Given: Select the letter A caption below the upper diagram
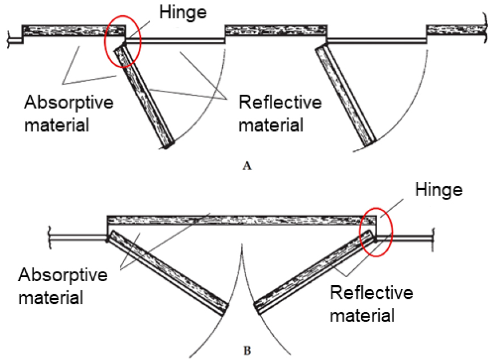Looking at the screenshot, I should [x=246, y=166].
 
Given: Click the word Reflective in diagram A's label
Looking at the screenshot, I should [x=280, y=103].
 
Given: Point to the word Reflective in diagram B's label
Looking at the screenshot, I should [x=371, y=293].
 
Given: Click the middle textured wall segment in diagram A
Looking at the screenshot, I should [x=276, y=31].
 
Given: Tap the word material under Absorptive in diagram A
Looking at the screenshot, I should [x=56, y=124].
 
